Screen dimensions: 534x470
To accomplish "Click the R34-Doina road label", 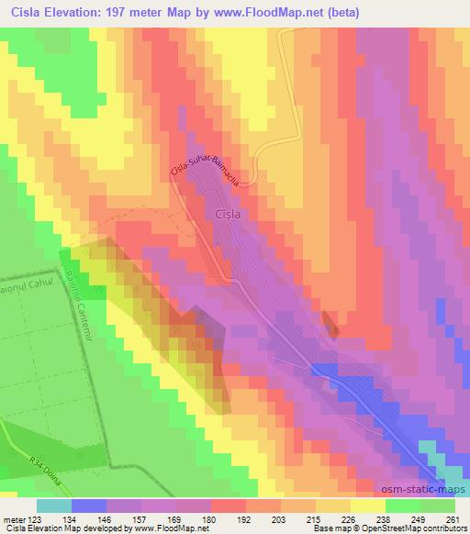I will [42, 459].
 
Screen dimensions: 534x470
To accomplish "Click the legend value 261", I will [453, 518].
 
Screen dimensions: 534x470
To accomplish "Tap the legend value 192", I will [242, 518].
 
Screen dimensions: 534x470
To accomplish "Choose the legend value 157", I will [138, 518].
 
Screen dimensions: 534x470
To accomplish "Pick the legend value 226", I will [348, 518].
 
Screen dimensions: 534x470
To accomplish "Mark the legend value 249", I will [418, 518].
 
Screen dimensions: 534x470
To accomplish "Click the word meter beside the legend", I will [12, 518].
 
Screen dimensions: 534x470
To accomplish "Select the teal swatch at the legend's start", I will [54, 506].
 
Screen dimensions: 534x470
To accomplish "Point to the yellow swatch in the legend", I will [368, 506].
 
